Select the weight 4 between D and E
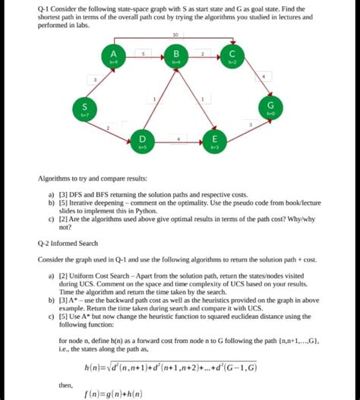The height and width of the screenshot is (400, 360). pyautogui.click(x=178, y=137)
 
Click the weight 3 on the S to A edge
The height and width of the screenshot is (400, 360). pyautogui.click(x=95, y=79)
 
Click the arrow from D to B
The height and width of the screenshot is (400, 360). pyautogui.click(x=158, y=99)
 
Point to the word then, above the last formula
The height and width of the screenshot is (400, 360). pyautogui.click(x=65, y=385)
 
